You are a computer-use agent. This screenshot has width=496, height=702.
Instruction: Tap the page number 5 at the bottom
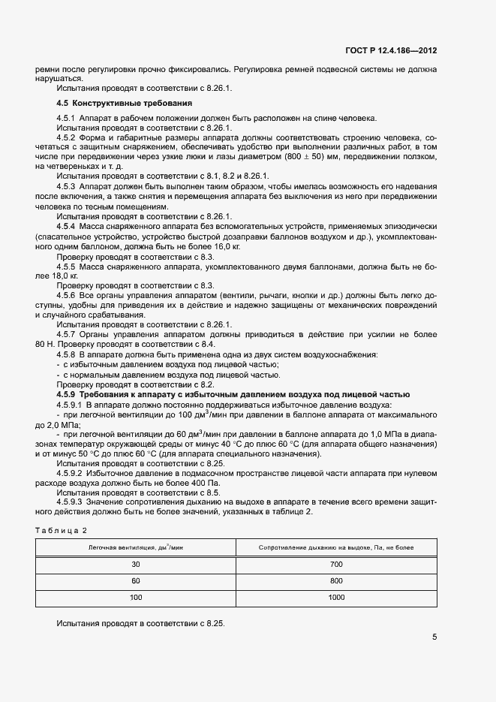[x=434, y=637]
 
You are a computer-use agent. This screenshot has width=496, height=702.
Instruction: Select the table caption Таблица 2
[x=62, y=531]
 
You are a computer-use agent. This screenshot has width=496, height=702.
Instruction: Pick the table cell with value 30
[x=136, y=564]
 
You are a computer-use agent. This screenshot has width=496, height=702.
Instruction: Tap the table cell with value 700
[x=336, y=564]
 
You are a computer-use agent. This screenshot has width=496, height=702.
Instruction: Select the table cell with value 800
[x=336, y=580]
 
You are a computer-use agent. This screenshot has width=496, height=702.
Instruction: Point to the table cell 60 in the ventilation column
[x=136, y=580]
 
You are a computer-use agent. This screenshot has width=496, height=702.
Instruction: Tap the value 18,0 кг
[x=49, y=276]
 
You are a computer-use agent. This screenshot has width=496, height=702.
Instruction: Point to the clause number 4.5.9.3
[x=70, y=502]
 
